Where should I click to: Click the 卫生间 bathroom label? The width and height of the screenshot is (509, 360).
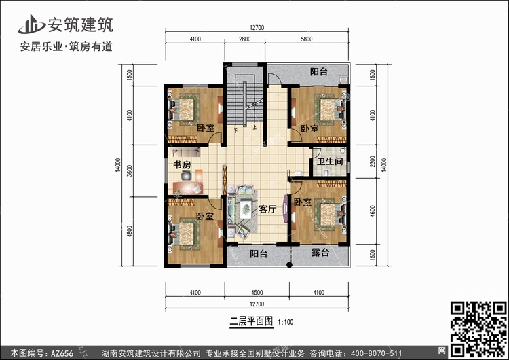coord(330,161)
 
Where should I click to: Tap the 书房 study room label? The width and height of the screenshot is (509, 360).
coord(182,165)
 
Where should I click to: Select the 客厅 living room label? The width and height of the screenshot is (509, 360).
coord(267,209)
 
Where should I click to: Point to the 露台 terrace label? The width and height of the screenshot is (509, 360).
coord(320,252)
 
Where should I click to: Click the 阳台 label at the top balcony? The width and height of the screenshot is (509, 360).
coord(319,71)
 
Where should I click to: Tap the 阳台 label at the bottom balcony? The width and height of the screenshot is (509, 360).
coord(259,253)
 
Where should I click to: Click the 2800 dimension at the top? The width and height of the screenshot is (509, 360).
coord(245,39)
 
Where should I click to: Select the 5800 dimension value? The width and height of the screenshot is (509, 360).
coord(307,39)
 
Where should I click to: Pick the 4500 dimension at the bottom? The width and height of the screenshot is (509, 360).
coord(257,293)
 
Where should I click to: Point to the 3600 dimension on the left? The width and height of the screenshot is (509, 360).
coord(130,170)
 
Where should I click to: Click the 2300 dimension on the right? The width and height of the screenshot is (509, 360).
coord(373,161)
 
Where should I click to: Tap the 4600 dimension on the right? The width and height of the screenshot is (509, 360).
coord(373,211)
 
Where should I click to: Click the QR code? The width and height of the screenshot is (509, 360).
coord(478,329)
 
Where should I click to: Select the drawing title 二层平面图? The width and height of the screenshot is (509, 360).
coord(252,321)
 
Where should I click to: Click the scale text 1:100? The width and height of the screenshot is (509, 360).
coord(286,322)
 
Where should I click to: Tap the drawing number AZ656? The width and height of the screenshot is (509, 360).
coord(62,353)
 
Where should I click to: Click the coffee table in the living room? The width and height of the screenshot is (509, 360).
coord(246,209)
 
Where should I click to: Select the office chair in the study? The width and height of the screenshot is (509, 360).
coord(187,175)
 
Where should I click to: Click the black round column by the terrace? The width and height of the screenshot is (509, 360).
coord(289,265)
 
